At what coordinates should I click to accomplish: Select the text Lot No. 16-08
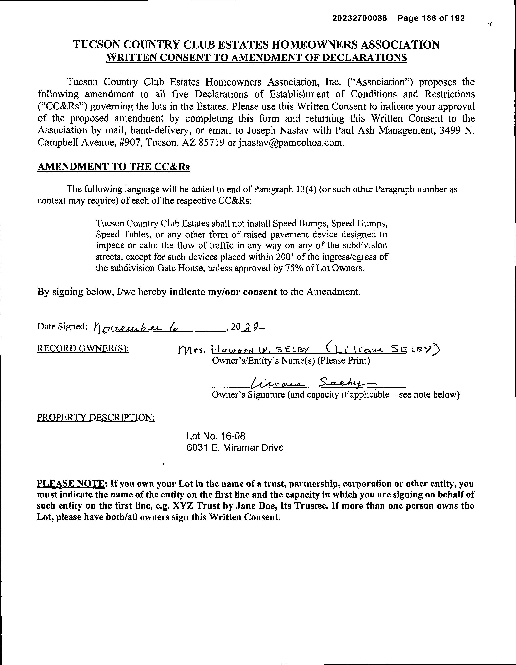[x=216, y=436]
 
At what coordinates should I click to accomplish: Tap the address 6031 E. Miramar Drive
[x=235, y=448]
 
